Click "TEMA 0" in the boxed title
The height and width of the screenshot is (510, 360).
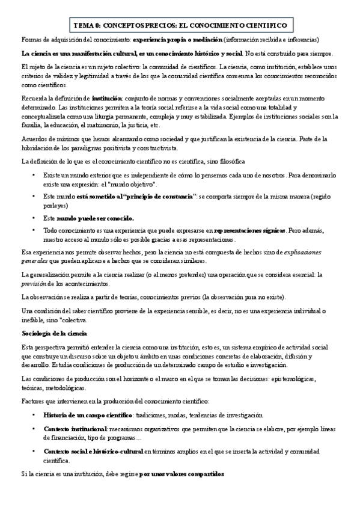coord(85,26)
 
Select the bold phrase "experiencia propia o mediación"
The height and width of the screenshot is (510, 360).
coord(177,40)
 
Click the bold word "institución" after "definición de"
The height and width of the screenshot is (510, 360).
coord(106,98)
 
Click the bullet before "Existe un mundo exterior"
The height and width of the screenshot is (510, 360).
coord(34,174)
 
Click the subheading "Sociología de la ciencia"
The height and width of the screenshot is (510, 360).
coord(54,333)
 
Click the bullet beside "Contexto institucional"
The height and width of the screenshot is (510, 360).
coord(34,428)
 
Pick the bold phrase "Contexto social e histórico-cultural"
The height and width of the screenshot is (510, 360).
coord(93,450)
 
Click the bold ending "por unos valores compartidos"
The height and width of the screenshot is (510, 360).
coord(181,474)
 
